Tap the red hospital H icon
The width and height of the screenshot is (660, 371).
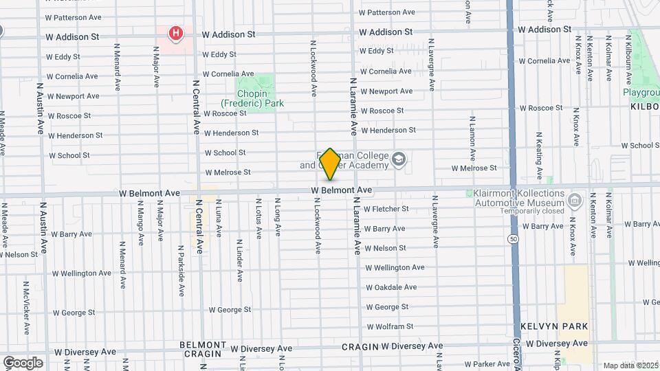click(176, 32)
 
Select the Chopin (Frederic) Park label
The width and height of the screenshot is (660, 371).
click(261, 98)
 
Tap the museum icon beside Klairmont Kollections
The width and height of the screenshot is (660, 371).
click(575, 201)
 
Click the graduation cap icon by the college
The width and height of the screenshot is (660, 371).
click(399, 160)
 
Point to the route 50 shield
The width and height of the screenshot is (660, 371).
click(514, 238)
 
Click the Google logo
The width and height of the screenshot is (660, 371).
click(23, 362)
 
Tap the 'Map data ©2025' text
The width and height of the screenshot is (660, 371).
click(630, 366)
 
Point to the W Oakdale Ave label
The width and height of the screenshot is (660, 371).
click(390, 287)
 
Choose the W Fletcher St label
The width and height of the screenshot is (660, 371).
click(386, 209)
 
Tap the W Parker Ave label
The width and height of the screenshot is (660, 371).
click(487, 363)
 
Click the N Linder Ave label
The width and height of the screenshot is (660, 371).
click(240, 260)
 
